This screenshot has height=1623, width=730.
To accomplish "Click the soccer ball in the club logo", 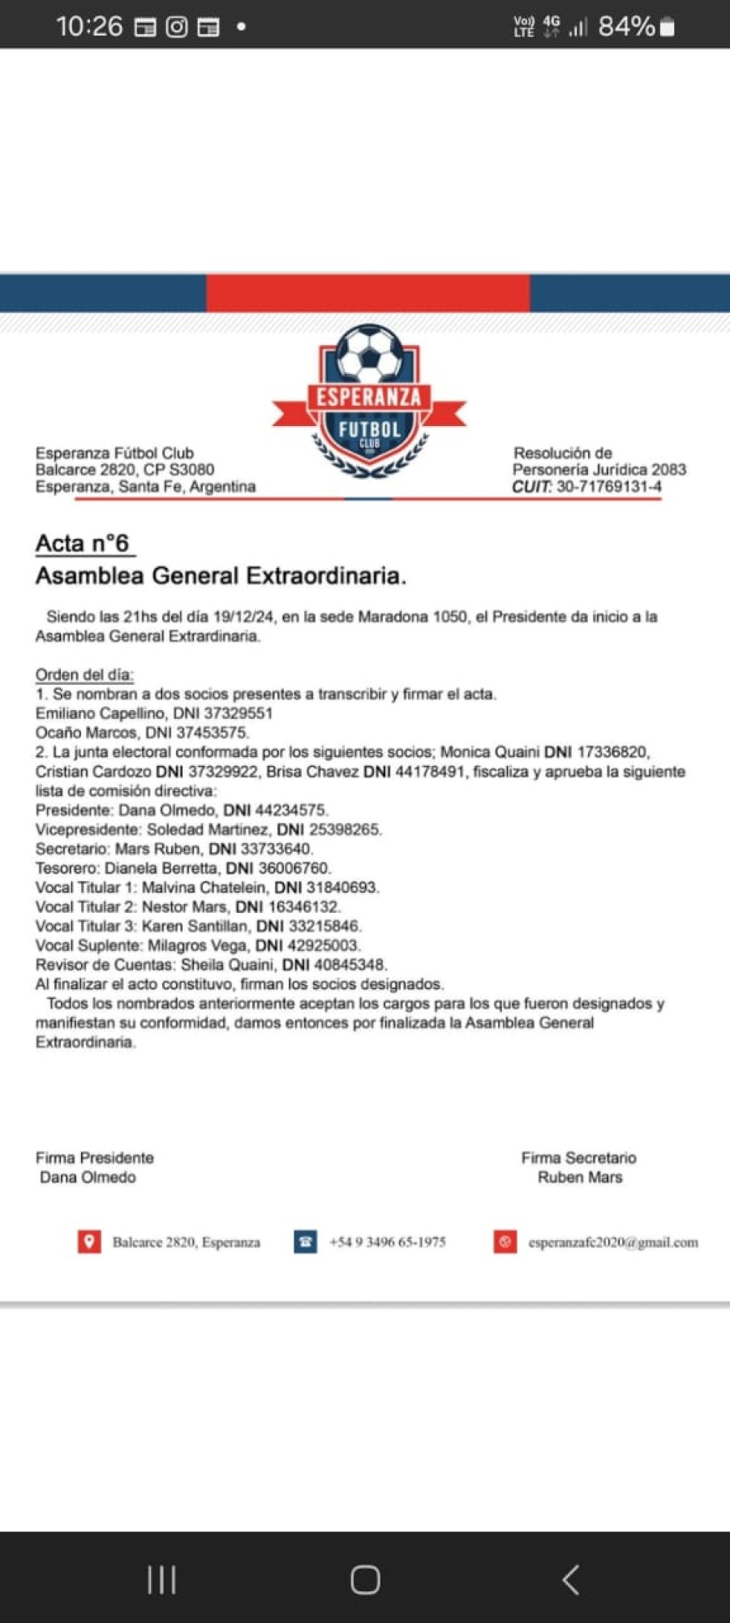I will (x=369, y=353).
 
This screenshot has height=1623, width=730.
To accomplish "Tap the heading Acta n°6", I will (x=82, y=543).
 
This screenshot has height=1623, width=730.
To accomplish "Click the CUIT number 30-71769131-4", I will (x=608, y=487).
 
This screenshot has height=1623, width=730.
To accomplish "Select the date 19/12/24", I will (x=243, y=617).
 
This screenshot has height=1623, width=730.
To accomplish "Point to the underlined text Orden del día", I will (x=84, y=674).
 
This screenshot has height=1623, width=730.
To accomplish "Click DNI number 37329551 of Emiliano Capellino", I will (x=238, y=713).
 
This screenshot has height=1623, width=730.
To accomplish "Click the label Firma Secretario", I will (x=579, y=1158).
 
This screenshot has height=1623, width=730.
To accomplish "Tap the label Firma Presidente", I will (x=94, y=1158).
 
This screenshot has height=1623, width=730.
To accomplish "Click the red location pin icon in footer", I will (x=89, y=1242).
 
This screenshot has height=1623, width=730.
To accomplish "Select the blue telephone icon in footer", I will (x=305, y=1242).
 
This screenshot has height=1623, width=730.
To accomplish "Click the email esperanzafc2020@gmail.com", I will (x=613, y=1242).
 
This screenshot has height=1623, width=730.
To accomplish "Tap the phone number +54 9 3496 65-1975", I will (x=388, y=1242).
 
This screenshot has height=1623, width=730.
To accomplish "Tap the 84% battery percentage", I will (x=626, y=27).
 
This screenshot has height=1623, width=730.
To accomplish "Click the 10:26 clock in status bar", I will (x=89, y=27).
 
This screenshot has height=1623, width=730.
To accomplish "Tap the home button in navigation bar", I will (x=365, y=1579).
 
